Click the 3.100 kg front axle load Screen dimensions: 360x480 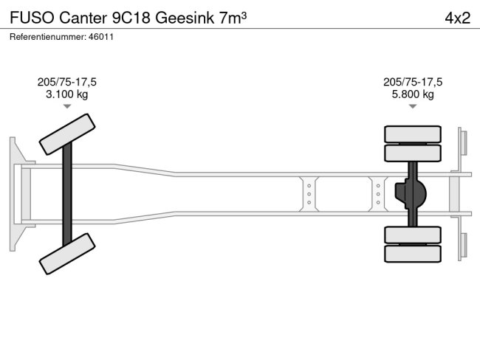tap(66, 94)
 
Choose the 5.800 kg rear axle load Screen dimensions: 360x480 tap(412, 94)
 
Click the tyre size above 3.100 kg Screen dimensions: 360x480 tap(66, 82)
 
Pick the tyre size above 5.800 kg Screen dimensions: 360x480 tap(412, 82)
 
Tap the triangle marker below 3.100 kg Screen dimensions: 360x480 tap(66, 107)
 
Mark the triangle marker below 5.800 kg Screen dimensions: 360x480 tap(412, 107)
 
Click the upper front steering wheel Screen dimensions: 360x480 tap(67, 134)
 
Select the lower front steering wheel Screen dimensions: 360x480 tap(67, 253)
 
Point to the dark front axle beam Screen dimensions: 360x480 tap(67, 193)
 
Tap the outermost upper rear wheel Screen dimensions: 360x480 tap(412, 134)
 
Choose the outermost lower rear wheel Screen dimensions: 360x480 tap(412, 253)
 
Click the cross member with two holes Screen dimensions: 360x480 tap(309, 194)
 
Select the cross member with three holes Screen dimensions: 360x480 tap(377, 194)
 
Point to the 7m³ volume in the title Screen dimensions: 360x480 tap(233, 18)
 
